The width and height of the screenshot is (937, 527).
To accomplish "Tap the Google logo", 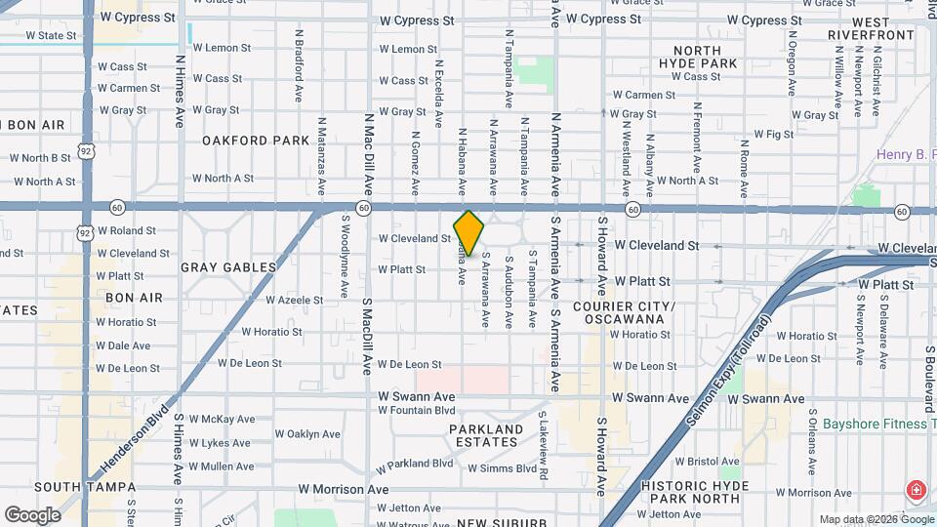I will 32,514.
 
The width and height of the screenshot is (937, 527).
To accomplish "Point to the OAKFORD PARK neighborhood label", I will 256,141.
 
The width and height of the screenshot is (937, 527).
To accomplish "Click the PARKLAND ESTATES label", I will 486,435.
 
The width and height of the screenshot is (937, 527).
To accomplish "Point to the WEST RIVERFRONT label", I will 870,27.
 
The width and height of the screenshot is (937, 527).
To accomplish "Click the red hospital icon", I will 917,490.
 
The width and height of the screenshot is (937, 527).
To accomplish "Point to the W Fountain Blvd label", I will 417,410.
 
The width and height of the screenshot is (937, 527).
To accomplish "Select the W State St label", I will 51,35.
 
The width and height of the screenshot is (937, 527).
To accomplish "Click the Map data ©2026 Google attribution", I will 875,519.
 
